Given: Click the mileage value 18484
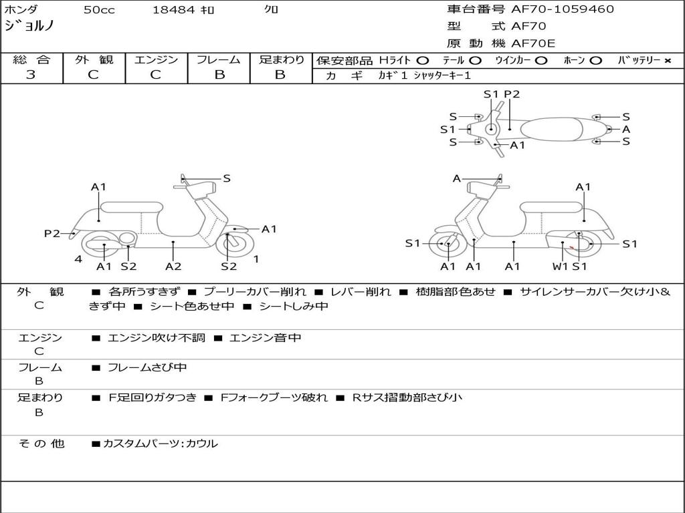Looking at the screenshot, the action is [174, 10].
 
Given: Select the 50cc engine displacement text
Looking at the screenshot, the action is [99, 10].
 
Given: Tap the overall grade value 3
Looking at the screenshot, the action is [31, 75].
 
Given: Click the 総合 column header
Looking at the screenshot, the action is [31, 59].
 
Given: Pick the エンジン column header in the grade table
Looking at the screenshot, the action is [156, 59].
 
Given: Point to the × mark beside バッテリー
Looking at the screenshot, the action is [667, 61].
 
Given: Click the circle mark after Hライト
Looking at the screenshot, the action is [422, 61].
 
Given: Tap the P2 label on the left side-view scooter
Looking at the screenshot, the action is [52, 233].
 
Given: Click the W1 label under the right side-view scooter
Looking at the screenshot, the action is [560, 267].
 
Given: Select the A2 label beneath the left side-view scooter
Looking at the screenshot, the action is [173, 267].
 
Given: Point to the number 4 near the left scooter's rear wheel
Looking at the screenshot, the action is [78, 259].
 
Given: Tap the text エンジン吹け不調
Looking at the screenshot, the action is [157, 338].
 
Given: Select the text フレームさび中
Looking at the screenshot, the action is [147, 367].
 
